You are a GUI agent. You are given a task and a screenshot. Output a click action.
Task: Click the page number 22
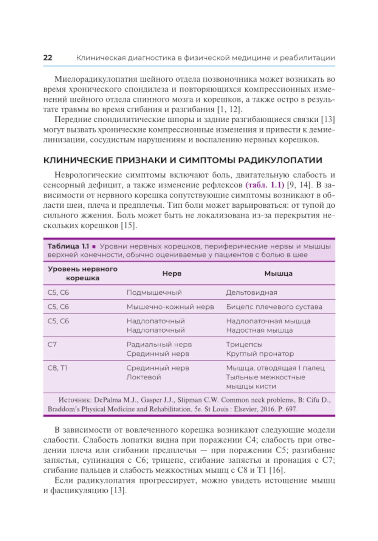pyautogui.click(x=48, y=58)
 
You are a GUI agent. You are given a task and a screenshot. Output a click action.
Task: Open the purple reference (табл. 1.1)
pyautogui.click(x=265, y=185)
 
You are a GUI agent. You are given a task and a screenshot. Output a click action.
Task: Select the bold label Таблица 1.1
pyautogui.click(x=68, y=246)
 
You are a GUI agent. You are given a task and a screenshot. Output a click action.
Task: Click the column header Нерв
pyautogui.click(x=172, y=274)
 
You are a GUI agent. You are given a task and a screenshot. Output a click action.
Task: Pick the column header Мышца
pyautogui.click(x=278, y=274)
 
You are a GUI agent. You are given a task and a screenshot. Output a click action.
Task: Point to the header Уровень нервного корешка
pyautogui.click(x=82, y=274)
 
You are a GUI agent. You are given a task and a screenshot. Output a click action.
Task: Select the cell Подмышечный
pyautogui.click(x=154, y=292)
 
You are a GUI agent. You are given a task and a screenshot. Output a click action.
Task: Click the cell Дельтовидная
pyautogui.click(x=251, y=292)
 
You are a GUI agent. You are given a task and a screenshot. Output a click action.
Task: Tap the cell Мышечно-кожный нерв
pyautogui.click(x=170, y=307)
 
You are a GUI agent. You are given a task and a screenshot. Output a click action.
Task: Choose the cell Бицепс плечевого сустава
pyautogui.click(x=274, y=307)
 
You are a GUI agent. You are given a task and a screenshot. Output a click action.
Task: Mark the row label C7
pyautogui.click(x=52, y=345)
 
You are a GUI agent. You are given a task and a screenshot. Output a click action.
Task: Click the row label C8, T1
pyautogui.click(x=57, y=368)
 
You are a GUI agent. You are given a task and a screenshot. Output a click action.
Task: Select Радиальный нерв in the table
pyautogui.click(x=159, y=345)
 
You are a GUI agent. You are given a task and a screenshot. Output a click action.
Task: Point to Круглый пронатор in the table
pyautogui.click(x=260, y=354)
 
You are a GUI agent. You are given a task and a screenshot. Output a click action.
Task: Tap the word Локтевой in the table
pyautogui.click(x=144, y=377)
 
